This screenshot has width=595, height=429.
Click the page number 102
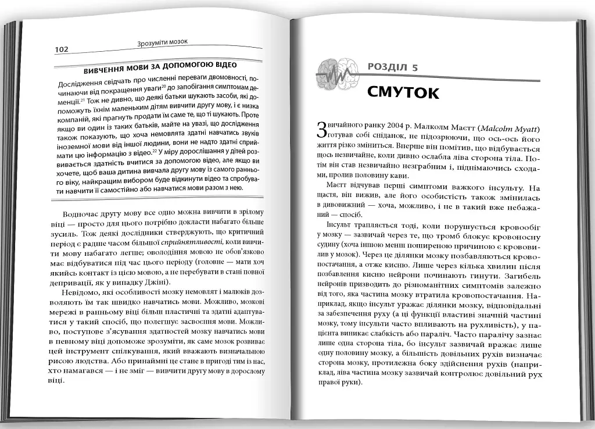[61, 49]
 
